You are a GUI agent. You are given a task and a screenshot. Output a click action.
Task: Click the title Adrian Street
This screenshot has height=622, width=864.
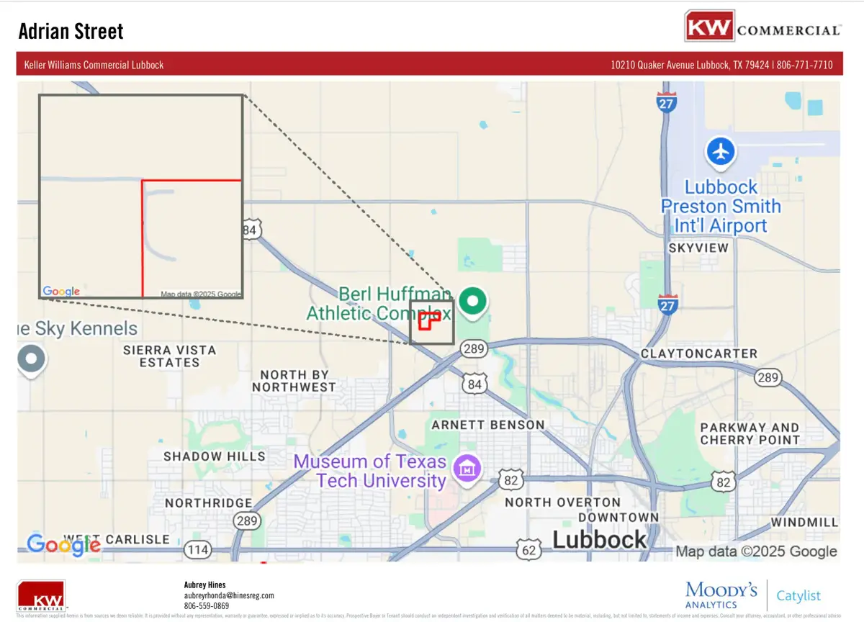[71, 32]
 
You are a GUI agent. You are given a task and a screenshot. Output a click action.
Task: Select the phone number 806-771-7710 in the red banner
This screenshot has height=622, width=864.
[804, 65]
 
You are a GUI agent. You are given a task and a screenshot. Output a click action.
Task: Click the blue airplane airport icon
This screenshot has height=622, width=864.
[720, 151]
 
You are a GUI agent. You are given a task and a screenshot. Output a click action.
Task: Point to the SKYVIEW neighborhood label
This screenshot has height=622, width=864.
[698, 248]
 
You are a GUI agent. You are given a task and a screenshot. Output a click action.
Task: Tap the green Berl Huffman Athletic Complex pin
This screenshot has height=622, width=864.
[473, 300]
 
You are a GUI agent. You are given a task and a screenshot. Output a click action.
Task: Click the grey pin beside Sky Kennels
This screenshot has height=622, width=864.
[31, 358]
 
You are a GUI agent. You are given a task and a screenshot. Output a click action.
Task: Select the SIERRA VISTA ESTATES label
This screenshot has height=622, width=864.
[170, 356]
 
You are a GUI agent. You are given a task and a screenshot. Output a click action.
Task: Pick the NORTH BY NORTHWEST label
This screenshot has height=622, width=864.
[294, 381]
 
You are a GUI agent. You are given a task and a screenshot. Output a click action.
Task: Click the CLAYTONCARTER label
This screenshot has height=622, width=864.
[699, 353]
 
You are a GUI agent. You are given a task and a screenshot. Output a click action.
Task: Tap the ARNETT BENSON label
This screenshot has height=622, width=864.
[488, 425]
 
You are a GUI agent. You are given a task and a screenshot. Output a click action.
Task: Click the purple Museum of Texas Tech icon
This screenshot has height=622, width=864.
[467, 471]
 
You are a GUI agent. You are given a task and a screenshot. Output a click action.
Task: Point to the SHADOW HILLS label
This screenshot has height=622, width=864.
[215, 456]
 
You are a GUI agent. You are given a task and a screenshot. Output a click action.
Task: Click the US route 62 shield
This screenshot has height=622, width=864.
[528, 549]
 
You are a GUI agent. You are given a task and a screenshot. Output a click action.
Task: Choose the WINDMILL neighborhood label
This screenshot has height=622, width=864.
[804, 522]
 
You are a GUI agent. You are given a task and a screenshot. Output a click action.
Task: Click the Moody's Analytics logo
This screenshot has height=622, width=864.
[721, 595]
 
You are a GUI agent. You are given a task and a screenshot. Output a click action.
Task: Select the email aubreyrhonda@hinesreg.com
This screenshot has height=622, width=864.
[229, 596]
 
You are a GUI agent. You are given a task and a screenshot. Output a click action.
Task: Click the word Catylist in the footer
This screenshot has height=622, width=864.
[798, 596]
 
